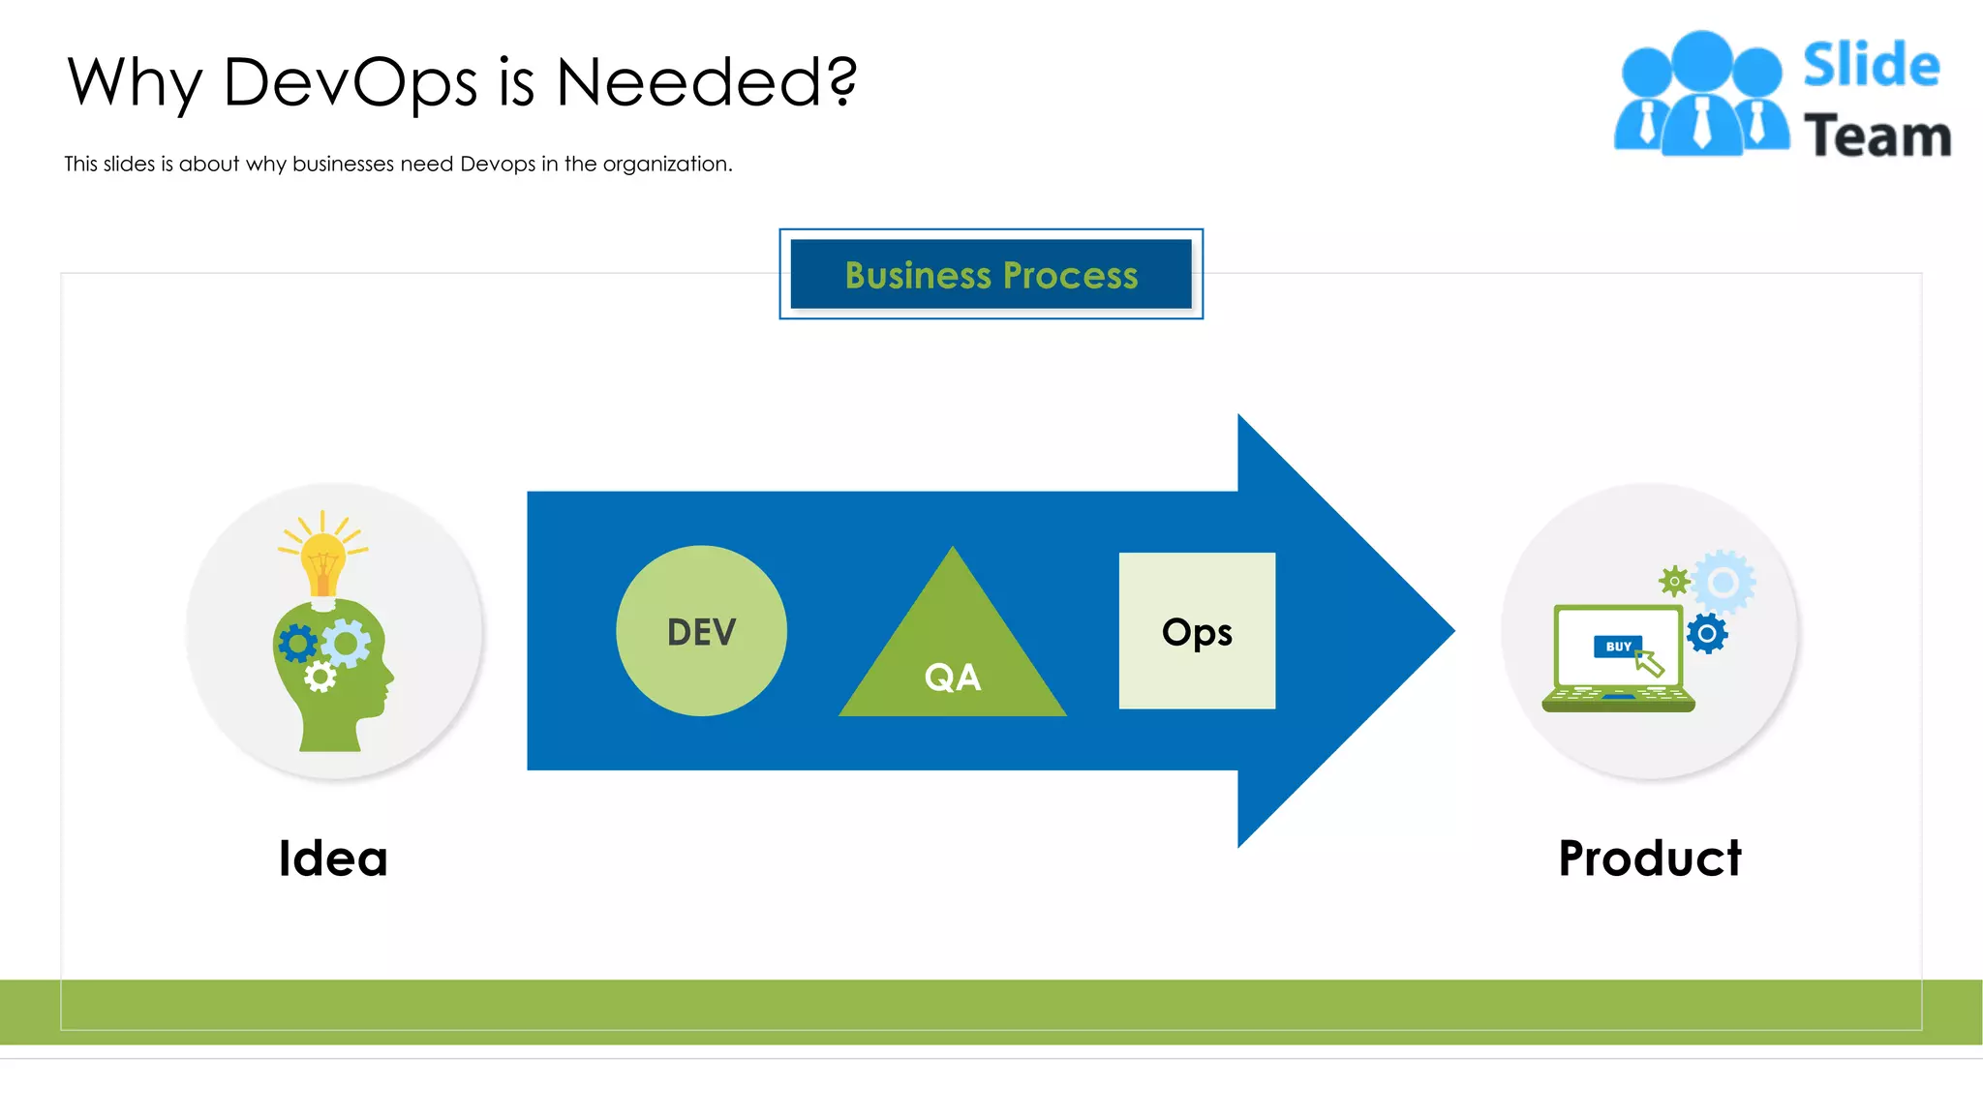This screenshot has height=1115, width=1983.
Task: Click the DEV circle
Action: [701, 631]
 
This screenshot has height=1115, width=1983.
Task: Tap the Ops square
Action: [1197, 631]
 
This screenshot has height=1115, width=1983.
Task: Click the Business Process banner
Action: [991, 275]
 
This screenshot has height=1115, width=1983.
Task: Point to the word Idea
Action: [333, 859]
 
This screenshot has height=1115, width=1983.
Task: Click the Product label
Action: [1650, 859]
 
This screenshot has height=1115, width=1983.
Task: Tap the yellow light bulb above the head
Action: [322, 564]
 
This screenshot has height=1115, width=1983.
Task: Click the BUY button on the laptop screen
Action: [1617, 647]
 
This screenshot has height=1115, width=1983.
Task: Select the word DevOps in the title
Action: [350, 83]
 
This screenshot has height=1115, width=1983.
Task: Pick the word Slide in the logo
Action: [1871, 66]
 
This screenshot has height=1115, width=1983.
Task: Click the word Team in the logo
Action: [1876, 136]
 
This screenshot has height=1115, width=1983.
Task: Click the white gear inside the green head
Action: [320, 676]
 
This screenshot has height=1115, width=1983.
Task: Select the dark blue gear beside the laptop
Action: [1707, 634]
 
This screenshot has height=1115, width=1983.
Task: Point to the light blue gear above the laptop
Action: [1724, 583]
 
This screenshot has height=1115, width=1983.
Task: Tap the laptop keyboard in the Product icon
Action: [1618, 695]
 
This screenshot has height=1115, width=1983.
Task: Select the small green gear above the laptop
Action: [1674, 581]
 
